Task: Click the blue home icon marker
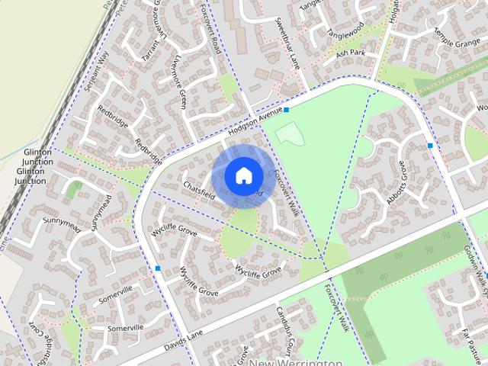tap(242, 175)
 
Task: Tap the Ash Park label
tap(351, 53)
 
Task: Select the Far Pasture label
tap(474, 344)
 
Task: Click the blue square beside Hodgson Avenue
tap(287, 110)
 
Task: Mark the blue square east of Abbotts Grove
tap(430, 145)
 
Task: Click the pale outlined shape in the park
tap(289, 135)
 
